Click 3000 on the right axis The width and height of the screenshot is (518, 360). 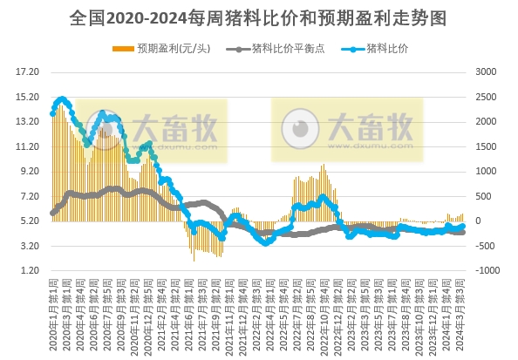coord(486,71)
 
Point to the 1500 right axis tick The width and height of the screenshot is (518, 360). coord(486,146)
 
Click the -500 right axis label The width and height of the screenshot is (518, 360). coord(486,247)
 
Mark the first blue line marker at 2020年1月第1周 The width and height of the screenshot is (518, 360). coord(52,113)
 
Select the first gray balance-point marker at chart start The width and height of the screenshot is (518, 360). coord(52,213)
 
